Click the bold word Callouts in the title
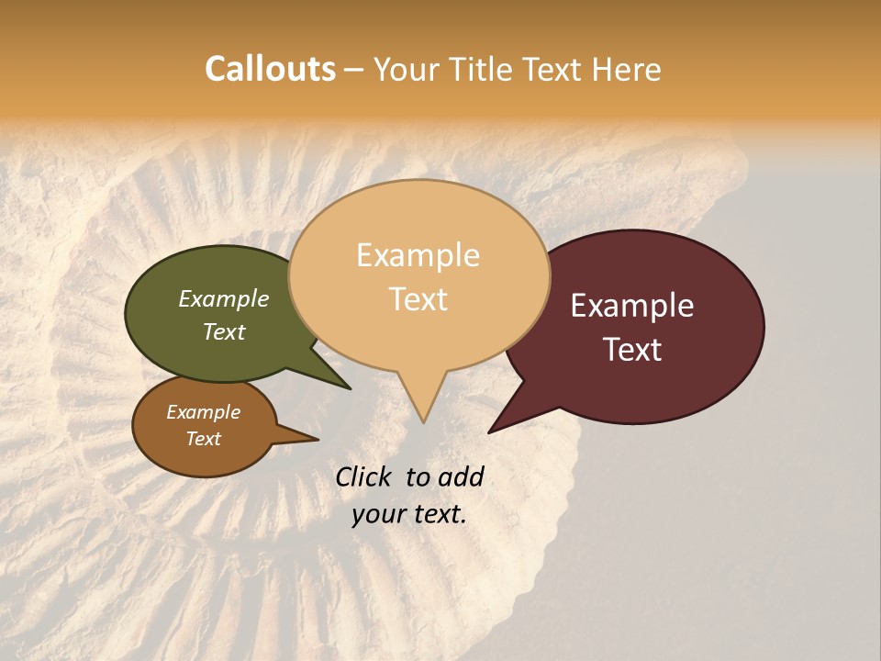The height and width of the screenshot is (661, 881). pos(270,69)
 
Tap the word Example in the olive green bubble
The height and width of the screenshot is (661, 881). pos(224,298)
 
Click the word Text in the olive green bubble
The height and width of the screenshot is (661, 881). pos(224,331)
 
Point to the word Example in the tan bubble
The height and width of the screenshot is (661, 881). pos(418,255)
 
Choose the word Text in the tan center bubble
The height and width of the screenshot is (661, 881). pos(418,299)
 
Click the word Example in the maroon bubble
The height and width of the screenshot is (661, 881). pos(632,306)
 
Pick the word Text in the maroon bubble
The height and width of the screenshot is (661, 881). pos(632,350)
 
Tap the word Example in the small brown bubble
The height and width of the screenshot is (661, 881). pos(203,412)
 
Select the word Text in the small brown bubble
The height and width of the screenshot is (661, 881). pos(203,439)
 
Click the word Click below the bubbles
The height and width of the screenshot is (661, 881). pos(365,476)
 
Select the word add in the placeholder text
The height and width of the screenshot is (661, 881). pos(462,476)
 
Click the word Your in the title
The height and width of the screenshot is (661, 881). pos(407,69)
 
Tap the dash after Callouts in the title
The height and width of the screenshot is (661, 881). pos(354,69)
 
